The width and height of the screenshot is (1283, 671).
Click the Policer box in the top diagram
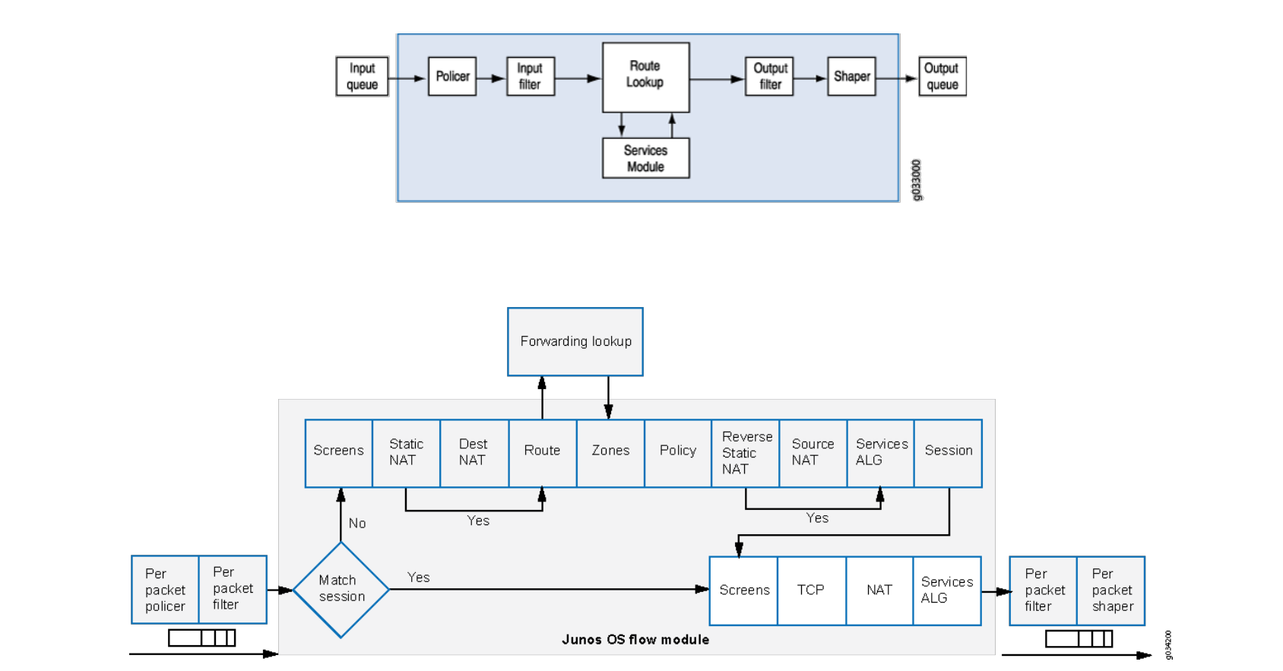(452, 76)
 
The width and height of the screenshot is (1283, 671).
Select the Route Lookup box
(645, 77)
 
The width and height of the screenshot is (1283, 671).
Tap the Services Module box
(645, 158)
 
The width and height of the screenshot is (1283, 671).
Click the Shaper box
(851, 76)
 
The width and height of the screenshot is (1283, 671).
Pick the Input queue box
(362, 76)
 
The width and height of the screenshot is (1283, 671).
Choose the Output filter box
(770, 76)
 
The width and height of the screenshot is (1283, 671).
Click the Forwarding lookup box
(575, 341)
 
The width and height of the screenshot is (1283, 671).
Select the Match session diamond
(341, 589)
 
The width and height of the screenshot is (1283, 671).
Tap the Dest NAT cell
(474, 453)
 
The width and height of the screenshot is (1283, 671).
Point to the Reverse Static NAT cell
(745, 453)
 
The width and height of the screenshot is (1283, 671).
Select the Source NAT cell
(813, 453)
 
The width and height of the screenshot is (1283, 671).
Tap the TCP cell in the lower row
(810, 590)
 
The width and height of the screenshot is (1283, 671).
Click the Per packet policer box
(165, 590)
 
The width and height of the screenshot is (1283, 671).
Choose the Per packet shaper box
(1111, 590)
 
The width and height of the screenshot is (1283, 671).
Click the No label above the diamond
(357, 524)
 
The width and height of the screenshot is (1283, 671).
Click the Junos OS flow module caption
(635, 640)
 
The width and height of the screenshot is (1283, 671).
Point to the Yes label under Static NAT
(478, 521)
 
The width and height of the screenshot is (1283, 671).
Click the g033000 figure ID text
(917, 180)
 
